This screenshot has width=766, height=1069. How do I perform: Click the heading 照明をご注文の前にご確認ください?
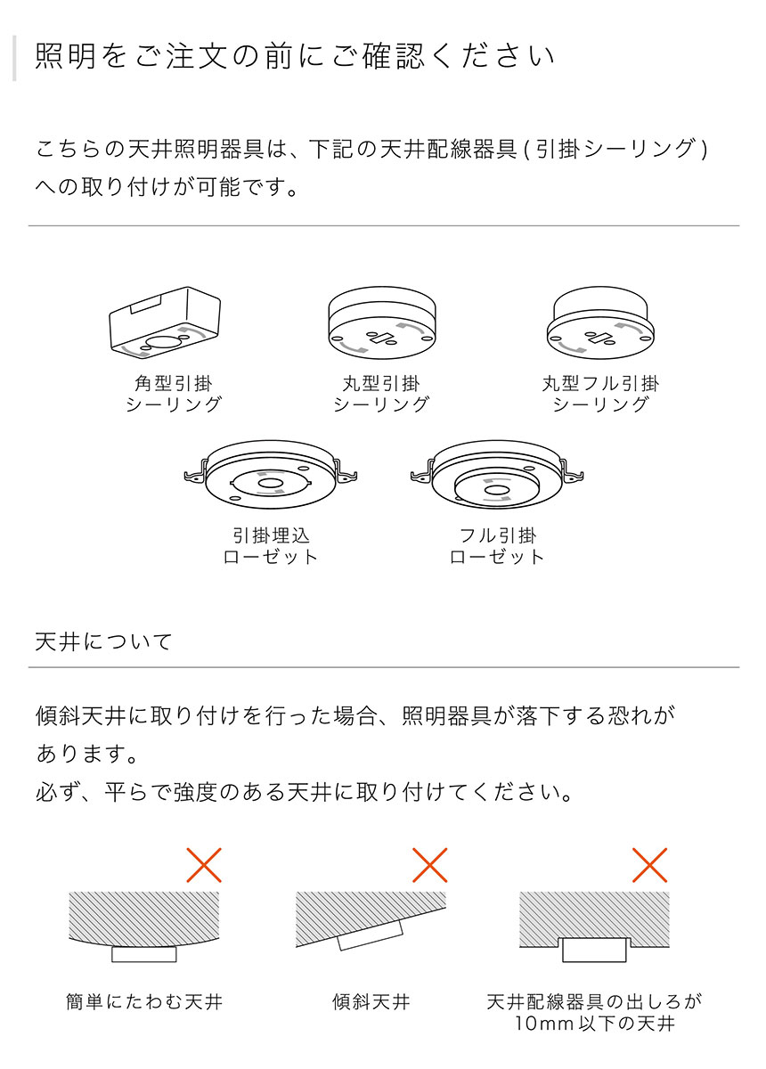coord(294,57)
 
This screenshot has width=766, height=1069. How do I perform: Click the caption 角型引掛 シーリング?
coord(173,394)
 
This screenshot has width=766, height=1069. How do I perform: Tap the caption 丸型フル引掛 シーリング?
coord(601,394)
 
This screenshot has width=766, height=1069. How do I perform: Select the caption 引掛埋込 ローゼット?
coord(271,546)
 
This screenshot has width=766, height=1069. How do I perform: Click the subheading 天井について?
coord(103,641)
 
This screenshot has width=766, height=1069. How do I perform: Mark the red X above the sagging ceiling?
coord(204,864)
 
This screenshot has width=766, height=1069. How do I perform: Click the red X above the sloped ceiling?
coord(430,864)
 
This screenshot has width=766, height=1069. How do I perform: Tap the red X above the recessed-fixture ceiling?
coord(650,864)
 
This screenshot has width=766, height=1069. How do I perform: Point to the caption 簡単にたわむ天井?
coord(144,1002)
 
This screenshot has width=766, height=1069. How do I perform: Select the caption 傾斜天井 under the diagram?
coord(371,1002)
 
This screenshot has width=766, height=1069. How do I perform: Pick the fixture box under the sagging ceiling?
coord(144,953)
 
